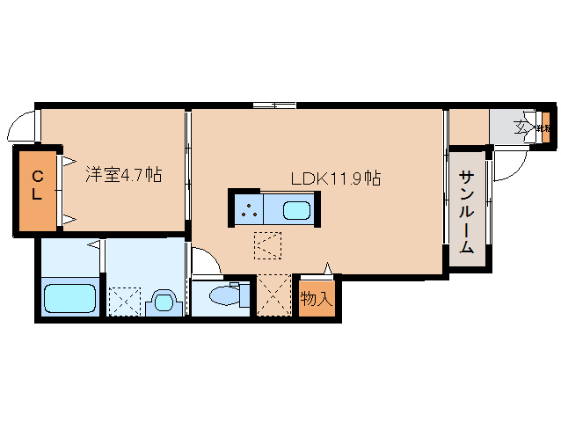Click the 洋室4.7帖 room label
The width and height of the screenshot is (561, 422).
point(122,175)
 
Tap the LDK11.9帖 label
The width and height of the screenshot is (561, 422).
point(335,178)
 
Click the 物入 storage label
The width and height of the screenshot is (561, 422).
point(317,299)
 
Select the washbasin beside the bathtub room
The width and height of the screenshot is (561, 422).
point(162,301)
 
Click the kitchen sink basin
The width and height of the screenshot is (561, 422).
point(295,211)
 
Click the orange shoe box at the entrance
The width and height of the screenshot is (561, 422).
point(547,127)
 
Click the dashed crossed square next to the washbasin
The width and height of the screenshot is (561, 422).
point(124,301)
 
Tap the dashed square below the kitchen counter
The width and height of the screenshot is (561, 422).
point(267,244)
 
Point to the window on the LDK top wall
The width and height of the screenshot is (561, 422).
point(273,106)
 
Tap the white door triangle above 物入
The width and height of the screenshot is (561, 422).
point(329,268)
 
